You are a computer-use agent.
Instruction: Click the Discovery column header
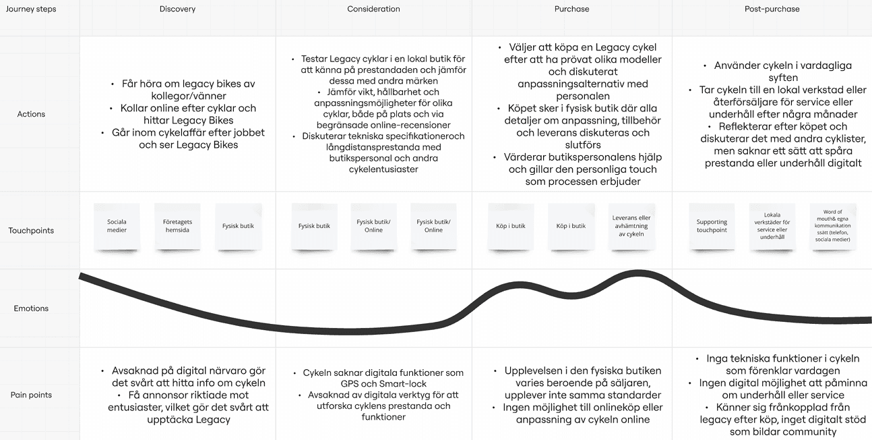point(177,9)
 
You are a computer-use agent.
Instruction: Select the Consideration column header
point(373,9)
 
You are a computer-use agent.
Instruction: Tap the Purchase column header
point(571,9)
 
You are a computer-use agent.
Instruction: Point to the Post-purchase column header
point(772,9)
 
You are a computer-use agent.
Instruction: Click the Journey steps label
point(31,9)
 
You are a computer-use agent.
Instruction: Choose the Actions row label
point(31,114)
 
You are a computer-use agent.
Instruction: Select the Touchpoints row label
point(31,230)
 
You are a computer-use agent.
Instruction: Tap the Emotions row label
point(31,308)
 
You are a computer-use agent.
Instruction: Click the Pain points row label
point(31,395)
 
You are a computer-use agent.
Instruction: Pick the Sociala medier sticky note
point(117,226)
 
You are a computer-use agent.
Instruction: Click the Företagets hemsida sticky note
point(177,226)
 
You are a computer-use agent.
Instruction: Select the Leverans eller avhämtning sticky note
point(631,226)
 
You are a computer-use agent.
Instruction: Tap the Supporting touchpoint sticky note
point(712,226)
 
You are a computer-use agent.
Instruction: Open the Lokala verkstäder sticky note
point(772,226)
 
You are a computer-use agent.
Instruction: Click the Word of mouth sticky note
point(833,226)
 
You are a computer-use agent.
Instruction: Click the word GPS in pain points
point(349,384)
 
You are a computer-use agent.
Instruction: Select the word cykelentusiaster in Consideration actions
point(383,169)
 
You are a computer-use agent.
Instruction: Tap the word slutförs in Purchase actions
point(583,145)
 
